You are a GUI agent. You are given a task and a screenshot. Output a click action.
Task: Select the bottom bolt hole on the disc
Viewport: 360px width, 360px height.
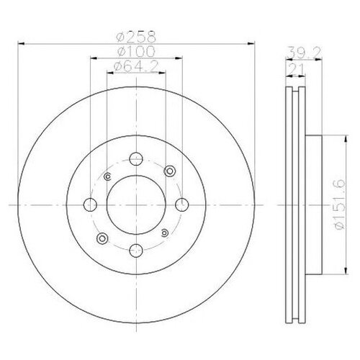pos(137,251)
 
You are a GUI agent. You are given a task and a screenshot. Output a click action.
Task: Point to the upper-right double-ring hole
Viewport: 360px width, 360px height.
pos(170,171)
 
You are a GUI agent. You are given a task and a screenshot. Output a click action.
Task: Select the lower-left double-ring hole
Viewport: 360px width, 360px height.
pos(103,238)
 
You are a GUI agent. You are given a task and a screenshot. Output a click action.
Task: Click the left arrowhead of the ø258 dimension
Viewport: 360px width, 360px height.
pos(19,44)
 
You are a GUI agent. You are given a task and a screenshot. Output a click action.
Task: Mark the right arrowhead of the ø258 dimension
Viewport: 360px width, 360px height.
pos(254,44)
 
